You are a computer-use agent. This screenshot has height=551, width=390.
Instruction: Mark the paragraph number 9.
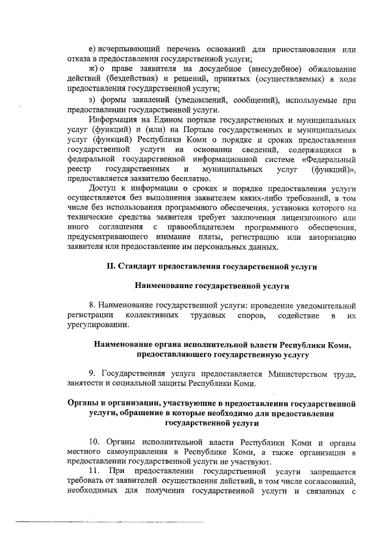click(x=91, y=373)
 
